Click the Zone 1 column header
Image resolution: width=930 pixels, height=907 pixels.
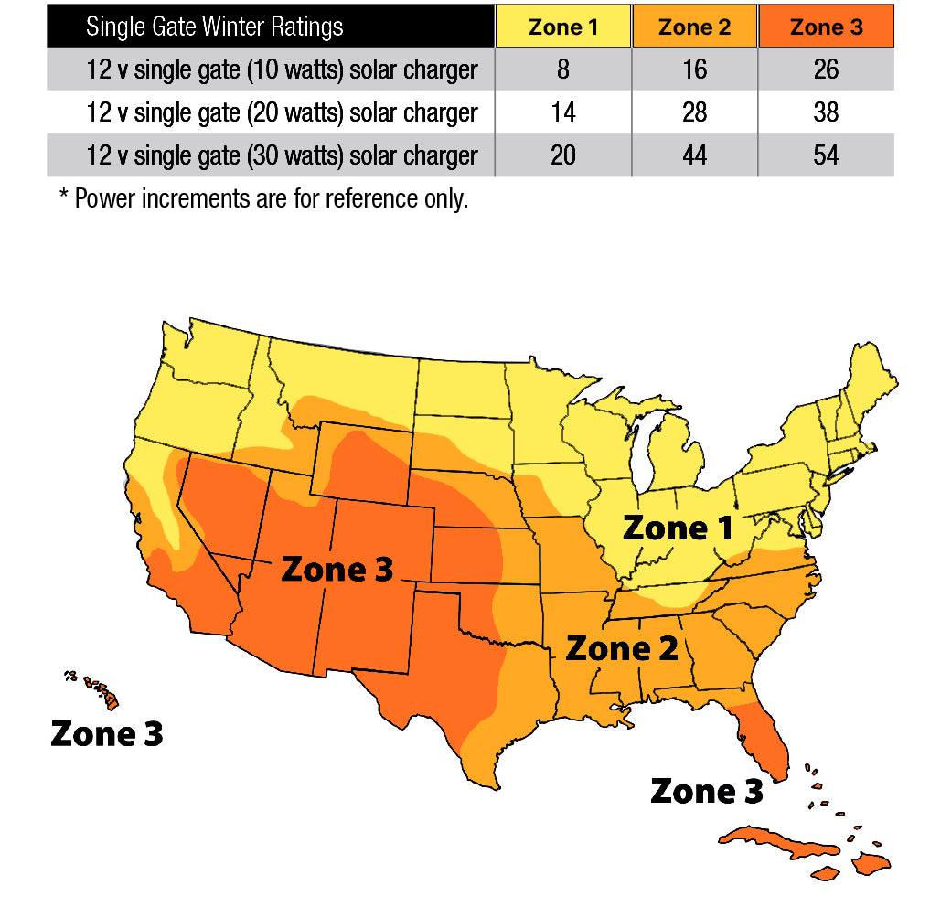563,27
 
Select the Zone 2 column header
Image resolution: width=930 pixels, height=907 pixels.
694,27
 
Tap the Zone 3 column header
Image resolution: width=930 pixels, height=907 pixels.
826,27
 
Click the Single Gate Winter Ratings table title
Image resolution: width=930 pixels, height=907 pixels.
215,27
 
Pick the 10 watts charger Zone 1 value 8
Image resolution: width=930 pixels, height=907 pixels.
563,69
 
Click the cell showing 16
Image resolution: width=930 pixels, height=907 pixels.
694,69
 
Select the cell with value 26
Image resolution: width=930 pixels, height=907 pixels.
826,69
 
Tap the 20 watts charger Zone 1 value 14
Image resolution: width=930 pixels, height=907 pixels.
563,112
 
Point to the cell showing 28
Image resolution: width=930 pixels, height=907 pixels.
694,112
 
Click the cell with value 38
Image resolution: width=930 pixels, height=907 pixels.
826,112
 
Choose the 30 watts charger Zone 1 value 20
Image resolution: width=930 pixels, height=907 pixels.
563,155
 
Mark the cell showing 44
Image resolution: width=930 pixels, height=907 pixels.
694,155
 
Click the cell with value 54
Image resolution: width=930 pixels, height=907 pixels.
826,155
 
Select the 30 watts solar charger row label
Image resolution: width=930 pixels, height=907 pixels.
282,155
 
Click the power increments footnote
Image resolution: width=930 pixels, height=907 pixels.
263,198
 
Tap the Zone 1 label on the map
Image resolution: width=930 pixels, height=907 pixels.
678,528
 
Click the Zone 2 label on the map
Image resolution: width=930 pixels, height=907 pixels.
622,648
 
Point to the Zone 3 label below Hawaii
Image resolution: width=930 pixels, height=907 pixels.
107,733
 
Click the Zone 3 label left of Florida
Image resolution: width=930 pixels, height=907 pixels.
706,791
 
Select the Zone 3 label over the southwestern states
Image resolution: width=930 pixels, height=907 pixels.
337,569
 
